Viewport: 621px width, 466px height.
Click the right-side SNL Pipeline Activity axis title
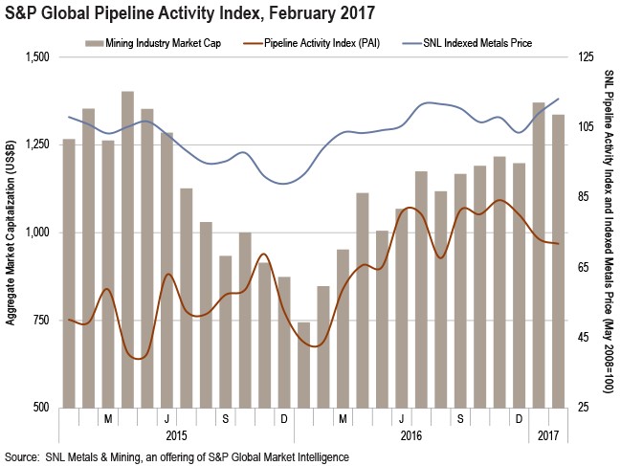(610, 233)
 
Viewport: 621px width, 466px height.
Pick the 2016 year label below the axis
(411, 436)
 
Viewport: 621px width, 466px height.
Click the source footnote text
(177, 457)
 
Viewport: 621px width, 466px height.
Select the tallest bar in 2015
(127, 249)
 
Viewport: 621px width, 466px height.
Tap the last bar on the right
(558, 260)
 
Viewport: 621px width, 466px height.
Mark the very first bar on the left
(69, 273)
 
